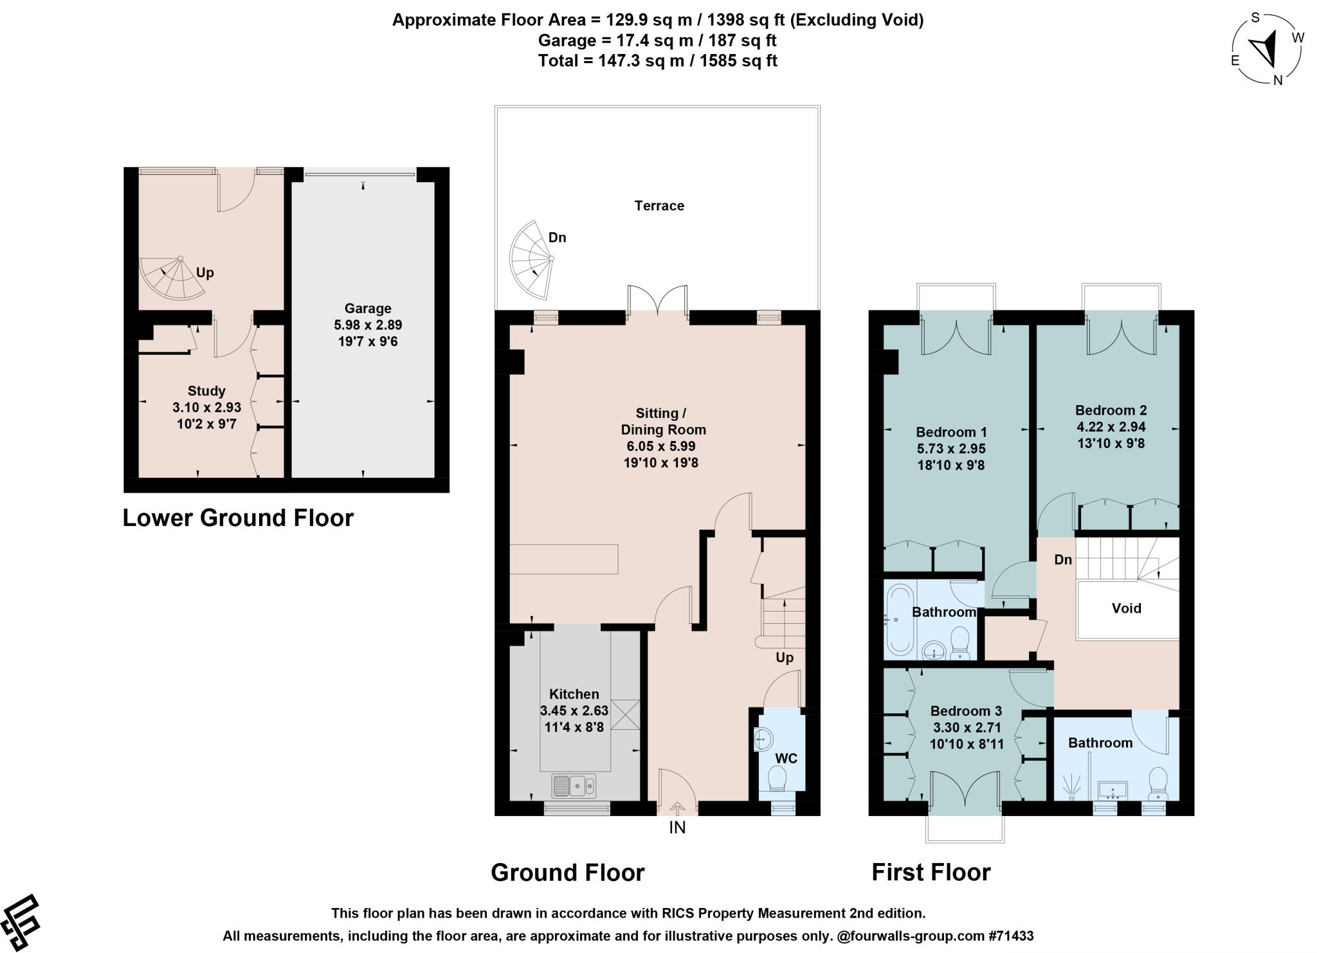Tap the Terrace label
(659, 206)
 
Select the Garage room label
(367, 309)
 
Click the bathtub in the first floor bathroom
(898, 619)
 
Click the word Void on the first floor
(1127, 608)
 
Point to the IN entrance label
(677, 828)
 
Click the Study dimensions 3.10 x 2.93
(206, 408)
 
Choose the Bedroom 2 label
(1111, 410)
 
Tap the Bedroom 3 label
(966, 711)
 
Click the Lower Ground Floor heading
(238, 518)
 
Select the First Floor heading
(931, 873)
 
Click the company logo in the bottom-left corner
(21, 922)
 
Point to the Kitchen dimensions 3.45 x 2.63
(574, 711)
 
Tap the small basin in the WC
(762, 740)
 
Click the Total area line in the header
(658, 61)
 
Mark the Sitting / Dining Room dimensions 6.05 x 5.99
(661, 446)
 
